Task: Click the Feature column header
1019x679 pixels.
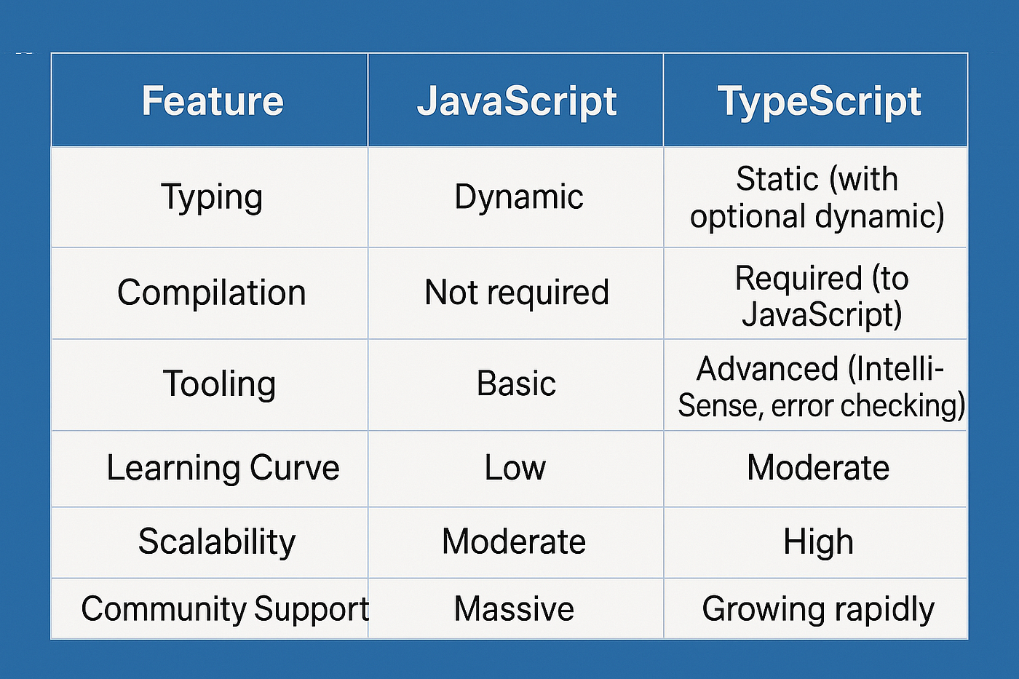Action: [213, 100]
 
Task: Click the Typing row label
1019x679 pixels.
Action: [212, 198]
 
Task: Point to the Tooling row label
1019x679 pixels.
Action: [219, 385]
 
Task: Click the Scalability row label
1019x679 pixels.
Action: [217, 542]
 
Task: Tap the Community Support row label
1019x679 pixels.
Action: [225, 609]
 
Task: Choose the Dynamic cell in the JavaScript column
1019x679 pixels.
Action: [518, 198]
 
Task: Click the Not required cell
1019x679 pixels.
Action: [516, 293]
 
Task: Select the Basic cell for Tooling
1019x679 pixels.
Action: [516, 384]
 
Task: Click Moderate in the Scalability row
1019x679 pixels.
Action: [514, 541]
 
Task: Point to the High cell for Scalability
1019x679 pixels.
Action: [818, 542]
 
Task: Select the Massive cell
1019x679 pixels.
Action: [514, 608]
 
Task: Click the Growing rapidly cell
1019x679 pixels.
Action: [818, 609]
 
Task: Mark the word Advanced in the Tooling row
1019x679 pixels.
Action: [767, 369]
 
